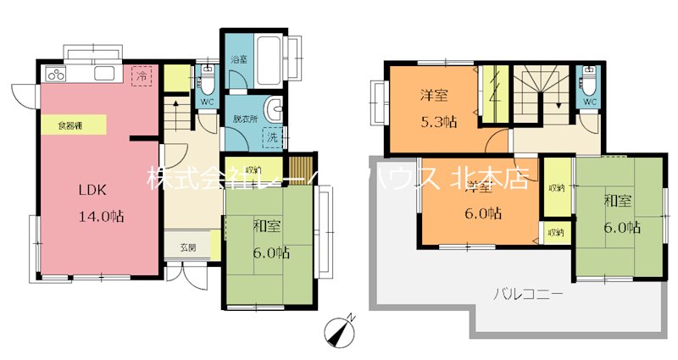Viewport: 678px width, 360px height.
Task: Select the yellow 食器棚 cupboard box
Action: point(71,125)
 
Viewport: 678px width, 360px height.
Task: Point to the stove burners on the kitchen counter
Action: point(58,74)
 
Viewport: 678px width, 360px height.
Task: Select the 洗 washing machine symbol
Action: point(272,136)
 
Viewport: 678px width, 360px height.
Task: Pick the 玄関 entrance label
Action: point(188,248)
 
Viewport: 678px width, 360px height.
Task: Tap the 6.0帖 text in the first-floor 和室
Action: point(270,252)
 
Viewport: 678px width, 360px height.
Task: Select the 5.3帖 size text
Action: point(439,121)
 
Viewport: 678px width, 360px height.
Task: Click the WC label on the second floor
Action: point(588,102)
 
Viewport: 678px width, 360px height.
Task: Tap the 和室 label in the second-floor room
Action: point(618,201)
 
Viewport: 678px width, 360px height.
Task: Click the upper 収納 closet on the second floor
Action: point(556,187)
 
